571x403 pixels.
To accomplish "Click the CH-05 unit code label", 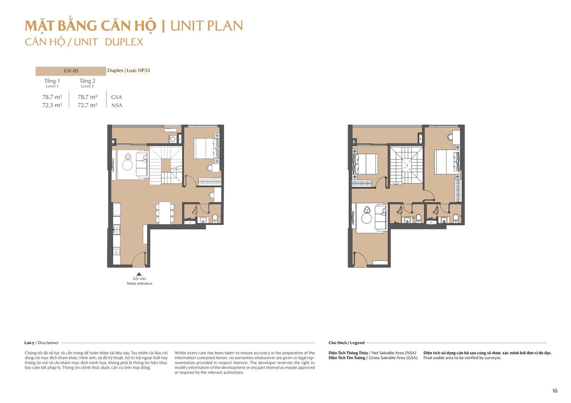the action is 71,71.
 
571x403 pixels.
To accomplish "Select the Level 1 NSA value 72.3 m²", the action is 52,105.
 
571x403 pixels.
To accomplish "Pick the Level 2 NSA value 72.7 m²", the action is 87,105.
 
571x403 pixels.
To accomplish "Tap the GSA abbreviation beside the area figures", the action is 116,97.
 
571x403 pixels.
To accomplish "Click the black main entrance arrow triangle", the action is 139,274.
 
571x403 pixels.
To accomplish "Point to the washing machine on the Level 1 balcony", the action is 173,139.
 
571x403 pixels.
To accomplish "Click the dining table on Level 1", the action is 165,213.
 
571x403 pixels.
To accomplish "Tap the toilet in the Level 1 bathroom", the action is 215,218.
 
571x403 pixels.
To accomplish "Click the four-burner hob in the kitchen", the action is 116,251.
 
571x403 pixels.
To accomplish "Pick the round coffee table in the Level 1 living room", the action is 127,165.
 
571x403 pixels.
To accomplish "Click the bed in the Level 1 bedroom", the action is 206,148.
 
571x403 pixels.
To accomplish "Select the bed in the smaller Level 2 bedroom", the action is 365,164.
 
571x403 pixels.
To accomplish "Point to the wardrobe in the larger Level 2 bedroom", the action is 458,191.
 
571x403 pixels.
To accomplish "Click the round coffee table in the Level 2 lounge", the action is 367,218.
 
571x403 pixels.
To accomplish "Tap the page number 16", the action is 555,391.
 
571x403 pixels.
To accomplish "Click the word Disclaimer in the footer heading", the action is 48,343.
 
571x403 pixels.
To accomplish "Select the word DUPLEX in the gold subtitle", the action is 124,42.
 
